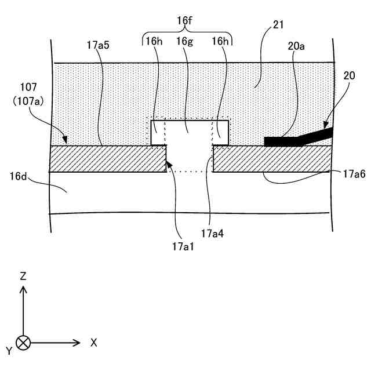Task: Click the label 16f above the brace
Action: [184, 21]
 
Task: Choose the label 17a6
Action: [354, 173]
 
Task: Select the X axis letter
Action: [93, 343]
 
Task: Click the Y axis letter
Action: [9, 350]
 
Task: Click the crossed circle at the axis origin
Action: [23, 343]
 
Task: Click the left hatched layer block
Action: [108, 159]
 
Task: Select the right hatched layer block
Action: [271, 159]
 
